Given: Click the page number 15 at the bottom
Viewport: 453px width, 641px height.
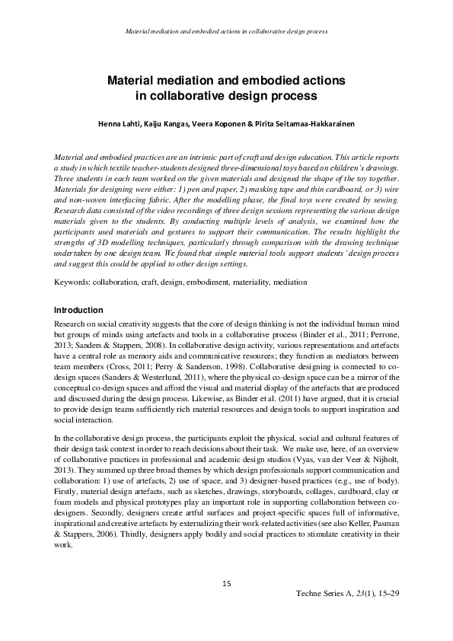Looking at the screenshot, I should click(226, 584).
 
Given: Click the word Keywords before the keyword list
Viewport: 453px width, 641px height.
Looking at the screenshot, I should click(73, 282).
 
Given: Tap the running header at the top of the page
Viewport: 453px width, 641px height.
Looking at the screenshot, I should click(226, 33).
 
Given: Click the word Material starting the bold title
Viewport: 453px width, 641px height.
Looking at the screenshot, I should click(134, 80).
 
